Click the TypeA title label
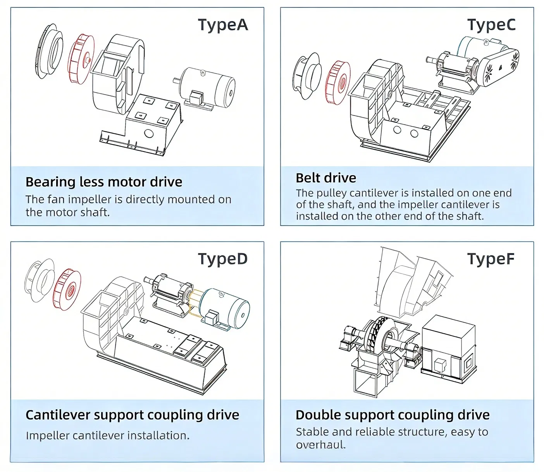coord(223,25)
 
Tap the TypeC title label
coord(491,25)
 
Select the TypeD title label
coord(223,259)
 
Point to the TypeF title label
coord(491,259)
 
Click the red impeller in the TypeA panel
coord(81,59)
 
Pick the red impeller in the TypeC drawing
coord(338,83)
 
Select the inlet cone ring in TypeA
coord(50,50)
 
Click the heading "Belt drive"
coord(326,178)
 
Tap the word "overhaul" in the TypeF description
coord(320,444)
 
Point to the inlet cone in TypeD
coord(39,280)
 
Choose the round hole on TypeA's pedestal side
coord(149,134)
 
